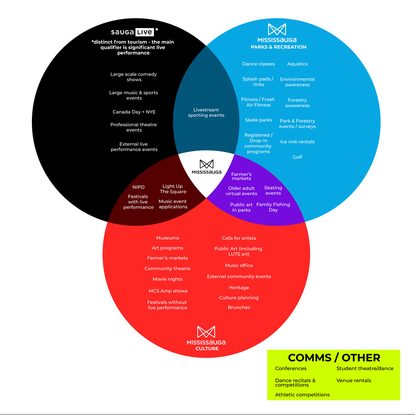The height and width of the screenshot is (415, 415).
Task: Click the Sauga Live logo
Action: (132, 32)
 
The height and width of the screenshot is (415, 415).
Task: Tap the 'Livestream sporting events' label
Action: (206, 113)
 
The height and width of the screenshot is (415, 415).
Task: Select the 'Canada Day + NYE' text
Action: (134, 112)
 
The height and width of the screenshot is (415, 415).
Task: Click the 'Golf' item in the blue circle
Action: (297, 157)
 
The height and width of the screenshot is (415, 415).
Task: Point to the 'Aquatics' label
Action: (297, 64)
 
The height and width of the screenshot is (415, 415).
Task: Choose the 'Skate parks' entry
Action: (258, 120)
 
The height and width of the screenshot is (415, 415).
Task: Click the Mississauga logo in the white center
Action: (206, 167)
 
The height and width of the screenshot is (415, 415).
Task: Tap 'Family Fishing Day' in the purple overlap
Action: (273, 207)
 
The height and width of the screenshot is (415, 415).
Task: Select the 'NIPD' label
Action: (138, 187)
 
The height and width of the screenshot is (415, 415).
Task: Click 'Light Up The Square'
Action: (173, 189)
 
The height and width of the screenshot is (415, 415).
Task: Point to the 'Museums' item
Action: (167, 238)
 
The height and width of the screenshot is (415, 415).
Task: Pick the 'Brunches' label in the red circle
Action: (239, 308)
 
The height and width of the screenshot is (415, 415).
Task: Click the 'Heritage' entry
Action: (239, 288)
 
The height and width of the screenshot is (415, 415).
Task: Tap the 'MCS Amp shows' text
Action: (168, 291)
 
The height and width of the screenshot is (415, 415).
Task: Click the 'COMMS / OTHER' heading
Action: (334, 358)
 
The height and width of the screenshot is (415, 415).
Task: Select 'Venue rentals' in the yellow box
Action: (354, 381)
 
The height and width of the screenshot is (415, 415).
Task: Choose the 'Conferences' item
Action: (290, 369)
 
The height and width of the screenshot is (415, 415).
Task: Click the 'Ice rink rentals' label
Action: (297, 142)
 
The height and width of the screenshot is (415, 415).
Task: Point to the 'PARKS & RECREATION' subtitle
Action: (278, 47)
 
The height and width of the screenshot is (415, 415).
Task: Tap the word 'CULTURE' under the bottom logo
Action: (207, 349)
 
